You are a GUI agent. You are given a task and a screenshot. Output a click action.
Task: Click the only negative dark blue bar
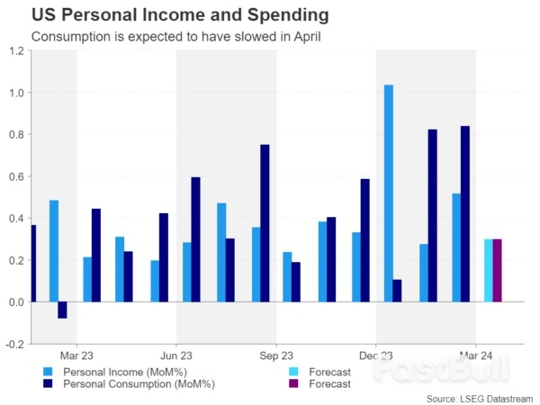pyautogui.click(x=62, y=310)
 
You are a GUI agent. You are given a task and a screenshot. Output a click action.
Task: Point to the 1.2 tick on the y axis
pyautogui.click(x=16, y=51)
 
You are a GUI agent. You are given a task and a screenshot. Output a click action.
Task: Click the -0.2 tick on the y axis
pyautogui.click(x=15, y=344)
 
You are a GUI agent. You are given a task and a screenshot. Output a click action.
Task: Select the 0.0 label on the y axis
pyautogui.click(x=16, y=302)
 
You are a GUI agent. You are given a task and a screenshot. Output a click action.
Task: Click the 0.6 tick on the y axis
pyautogui.click(x=16, y=176)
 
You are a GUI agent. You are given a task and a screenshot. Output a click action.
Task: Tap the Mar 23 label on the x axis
pyautogui.click(x=76, y=355)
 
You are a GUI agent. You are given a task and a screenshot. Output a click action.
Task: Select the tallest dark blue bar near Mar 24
pyautogui.click(x=464, y=214)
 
